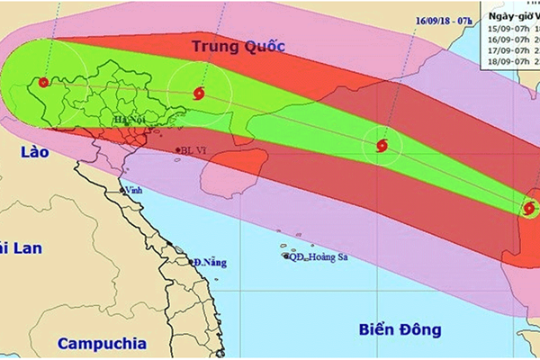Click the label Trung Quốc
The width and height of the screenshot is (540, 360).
tap(238, 45)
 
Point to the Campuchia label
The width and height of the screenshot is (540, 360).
tap(100, 343)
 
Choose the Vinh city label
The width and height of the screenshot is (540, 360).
tap(135, 191)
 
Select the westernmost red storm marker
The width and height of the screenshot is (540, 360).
tap(42, 83)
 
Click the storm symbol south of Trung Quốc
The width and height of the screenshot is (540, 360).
tap(200, 92)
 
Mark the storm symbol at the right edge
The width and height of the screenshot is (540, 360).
tap(529, 210)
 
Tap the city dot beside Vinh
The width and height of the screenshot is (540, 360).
tap(121, 191)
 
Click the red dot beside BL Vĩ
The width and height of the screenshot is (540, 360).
tap(176, 150)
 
